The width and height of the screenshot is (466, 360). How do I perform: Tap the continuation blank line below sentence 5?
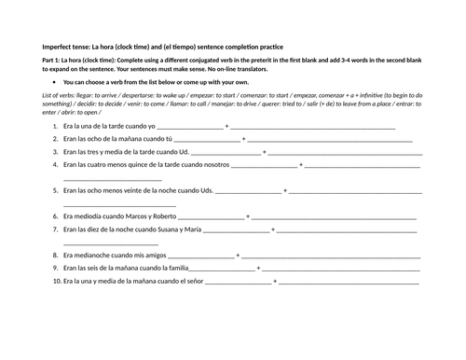119,202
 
